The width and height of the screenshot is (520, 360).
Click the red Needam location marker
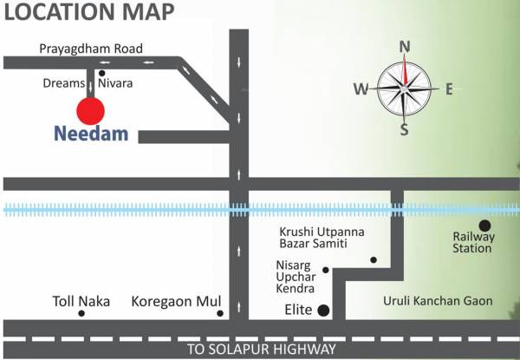click(x=90, y=110)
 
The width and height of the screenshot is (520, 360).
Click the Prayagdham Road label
click(x=91, y=49)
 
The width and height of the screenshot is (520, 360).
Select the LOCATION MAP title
click(x=88, y=13)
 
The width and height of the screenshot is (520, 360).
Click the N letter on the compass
click(x=404, y=48)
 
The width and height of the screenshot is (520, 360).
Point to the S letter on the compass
click(x=404, y=130)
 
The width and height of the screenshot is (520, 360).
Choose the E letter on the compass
click(x=449, y=88)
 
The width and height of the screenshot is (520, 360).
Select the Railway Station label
click(x=473, y=242)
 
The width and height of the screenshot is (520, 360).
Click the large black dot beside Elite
click(x=323, y=309)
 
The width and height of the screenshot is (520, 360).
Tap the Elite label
click(x=297, y=309)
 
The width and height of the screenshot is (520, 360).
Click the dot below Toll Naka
click(x=81, y=313)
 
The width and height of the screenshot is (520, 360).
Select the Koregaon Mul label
click(x=172, y=301)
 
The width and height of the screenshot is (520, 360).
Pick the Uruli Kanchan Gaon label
click(x=438, y=301)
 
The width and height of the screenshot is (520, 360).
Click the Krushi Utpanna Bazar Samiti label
click(x=322, y=238)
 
